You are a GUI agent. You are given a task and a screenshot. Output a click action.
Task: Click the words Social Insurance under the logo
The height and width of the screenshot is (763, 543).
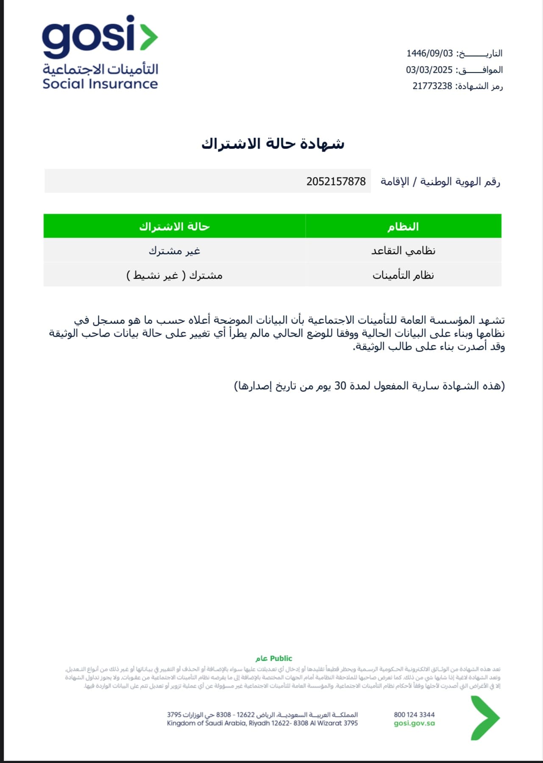coord(100,83)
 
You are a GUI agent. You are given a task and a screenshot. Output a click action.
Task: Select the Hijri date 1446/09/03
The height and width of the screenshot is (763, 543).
coord(429,53)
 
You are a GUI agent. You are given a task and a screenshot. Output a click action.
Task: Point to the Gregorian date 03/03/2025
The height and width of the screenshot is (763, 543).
coord(429,70)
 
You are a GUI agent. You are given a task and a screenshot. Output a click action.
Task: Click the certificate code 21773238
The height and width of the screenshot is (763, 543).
coord(432,86)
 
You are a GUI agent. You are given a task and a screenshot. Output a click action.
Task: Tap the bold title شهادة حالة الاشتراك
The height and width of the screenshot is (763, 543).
coord(273,144)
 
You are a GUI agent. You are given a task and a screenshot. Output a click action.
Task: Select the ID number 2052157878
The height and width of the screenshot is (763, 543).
coord(336,181)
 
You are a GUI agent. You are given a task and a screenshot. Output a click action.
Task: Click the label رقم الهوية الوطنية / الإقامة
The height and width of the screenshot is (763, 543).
coord(440,182)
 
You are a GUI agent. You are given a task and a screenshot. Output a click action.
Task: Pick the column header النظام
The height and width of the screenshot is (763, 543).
coord(403,227)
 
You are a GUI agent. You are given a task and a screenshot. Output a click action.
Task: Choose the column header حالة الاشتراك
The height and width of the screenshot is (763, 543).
coord(174,227)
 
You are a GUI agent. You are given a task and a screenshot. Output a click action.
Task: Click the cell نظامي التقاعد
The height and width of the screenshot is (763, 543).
coord(403,251)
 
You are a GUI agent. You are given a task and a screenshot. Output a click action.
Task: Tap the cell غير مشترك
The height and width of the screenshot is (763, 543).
coord(174,251)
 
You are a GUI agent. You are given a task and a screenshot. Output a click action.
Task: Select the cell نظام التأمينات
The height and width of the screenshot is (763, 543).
coord(403,275)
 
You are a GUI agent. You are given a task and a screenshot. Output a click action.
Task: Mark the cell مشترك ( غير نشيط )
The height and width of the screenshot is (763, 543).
coord(174,275)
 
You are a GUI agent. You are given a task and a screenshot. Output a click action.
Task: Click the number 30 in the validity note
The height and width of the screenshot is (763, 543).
coord(340,386)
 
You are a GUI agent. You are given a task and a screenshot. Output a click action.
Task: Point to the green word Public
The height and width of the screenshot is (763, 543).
coord(281,658)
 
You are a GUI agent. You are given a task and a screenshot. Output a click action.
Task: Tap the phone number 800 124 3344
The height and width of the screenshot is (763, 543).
coord(414,715)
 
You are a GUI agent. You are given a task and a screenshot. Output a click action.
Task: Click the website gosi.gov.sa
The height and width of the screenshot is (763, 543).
coord(414,723)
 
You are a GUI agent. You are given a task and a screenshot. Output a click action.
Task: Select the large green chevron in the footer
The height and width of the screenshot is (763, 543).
coord(485,718)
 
